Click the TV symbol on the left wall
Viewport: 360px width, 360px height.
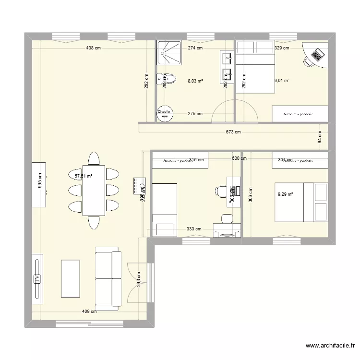[x=37, y=279]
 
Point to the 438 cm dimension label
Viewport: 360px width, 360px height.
[x=94, y=48]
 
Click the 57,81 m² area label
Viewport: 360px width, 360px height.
[x=83, y=176]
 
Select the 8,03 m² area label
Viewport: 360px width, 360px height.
[x=195, y=82]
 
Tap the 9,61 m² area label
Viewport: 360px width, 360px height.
[x=281, y=81]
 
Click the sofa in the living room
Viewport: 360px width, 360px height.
[x=108, y=277]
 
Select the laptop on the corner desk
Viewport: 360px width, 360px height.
[x=318, y=55]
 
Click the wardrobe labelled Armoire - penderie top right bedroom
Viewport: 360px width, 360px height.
[x=300, y=114]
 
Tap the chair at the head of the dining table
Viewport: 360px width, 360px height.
[x=94, y=158]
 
